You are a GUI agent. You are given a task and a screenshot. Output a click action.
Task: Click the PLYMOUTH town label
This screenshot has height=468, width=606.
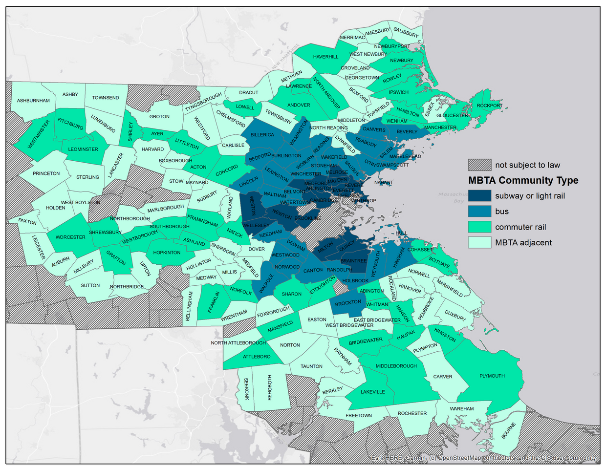point(492,376)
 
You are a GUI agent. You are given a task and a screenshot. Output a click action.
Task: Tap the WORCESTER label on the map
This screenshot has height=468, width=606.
point(70,237)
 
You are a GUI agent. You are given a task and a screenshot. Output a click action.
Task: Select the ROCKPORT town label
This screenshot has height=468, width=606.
point(489,106)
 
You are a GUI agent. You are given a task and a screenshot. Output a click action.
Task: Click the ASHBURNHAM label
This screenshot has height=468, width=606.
point(33,101)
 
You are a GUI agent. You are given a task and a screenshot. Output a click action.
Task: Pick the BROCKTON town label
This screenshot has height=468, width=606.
point(348,302)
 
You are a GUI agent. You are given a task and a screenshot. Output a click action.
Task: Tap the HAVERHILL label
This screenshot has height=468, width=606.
point(325,57)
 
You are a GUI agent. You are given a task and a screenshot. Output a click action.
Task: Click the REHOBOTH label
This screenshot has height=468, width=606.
point(269,387)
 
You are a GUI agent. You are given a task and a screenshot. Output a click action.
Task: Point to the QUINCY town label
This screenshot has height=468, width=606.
point(347,247)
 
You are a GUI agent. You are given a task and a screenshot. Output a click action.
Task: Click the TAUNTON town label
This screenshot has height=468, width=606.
point(311,366)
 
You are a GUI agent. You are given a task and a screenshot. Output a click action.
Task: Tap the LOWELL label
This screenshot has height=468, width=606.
point(245,107)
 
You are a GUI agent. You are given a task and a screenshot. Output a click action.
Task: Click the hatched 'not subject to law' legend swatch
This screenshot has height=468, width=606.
point(479,165)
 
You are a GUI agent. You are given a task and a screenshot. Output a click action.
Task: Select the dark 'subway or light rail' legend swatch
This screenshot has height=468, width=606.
point(479,196)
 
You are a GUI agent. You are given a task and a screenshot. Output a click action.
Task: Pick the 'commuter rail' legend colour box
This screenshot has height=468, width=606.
point(479,227)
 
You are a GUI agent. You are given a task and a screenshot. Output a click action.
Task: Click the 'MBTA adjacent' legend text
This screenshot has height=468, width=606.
point(523,242)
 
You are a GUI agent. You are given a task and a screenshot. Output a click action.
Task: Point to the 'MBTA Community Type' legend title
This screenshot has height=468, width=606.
point(523,180)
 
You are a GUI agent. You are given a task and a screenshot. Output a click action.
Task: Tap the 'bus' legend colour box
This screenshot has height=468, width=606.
point(479,212)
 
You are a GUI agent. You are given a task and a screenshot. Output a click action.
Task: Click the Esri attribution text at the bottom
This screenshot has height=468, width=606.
point(484,458)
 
